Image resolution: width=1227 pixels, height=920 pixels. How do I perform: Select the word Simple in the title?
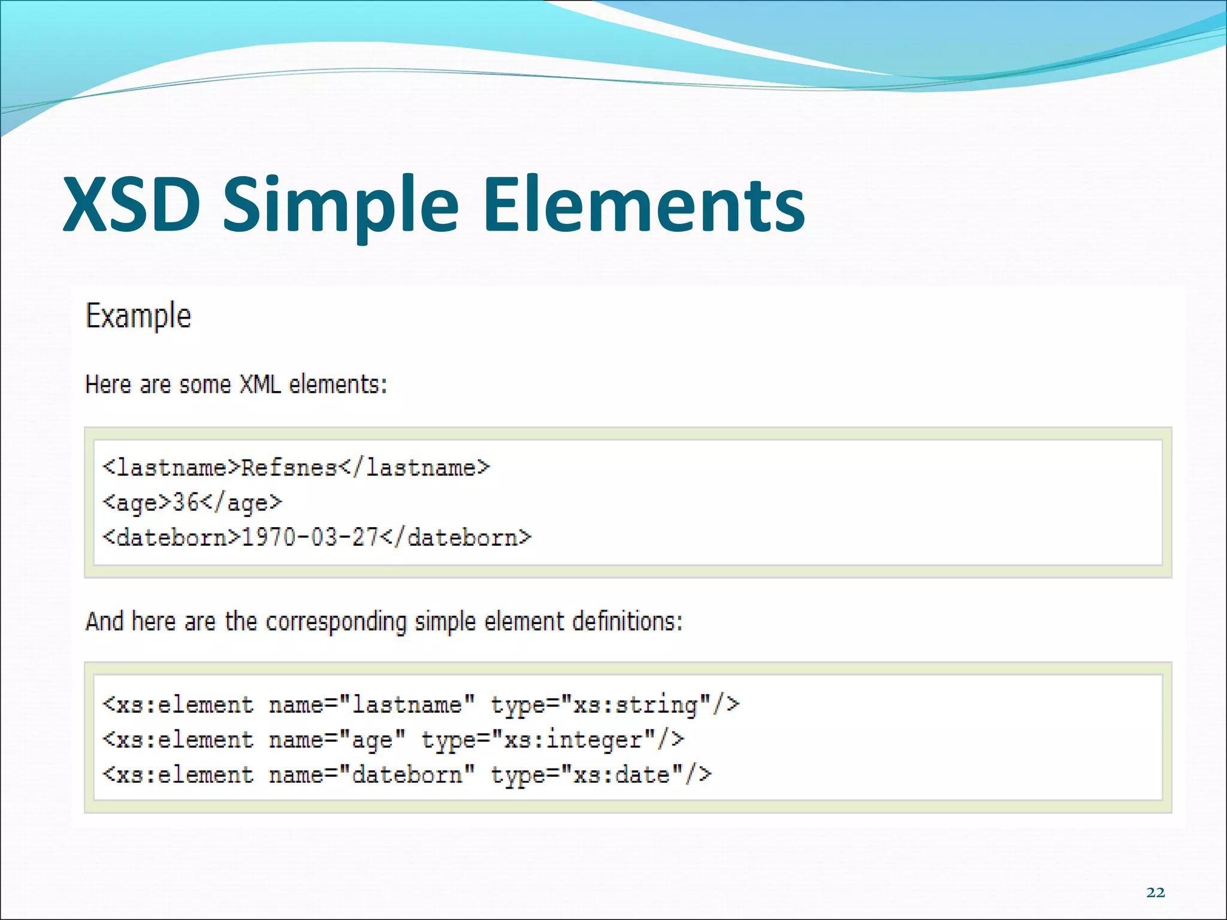340,205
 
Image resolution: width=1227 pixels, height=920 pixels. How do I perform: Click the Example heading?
138,316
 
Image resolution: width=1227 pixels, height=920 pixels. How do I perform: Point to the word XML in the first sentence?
260,385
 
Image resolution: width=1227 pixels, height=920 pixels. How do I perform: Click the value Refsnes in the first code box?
289,467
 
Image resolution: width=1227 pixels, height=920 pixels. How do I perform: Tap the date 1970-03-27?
309,537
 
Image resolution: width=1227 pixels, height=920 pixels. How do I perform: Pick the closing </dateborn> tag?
456,537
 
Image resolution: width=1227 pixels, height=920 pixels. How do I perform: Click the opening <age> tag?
137,502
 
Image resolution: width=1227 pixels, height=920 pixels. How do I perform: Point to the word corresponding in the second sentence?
336,622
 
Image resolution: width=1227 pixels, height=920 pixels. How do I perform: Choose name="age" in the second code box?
337,740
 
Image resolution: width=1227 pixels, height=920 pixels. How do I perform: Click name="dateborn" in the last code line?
371,775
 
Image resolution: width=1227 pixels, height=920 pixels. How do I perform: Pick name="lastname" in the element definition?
371,705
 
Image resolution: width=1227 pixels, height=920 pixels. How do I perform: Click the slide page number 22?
1155,892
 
